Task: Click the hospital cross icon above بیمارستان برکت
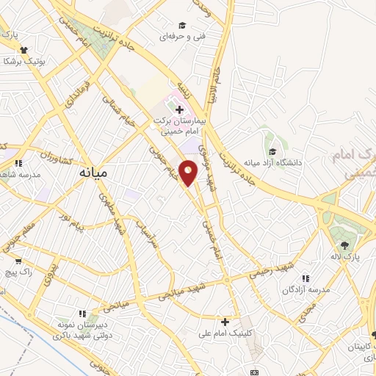coord(179,109)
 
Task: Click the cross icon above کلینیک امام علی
coord(225,321)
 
